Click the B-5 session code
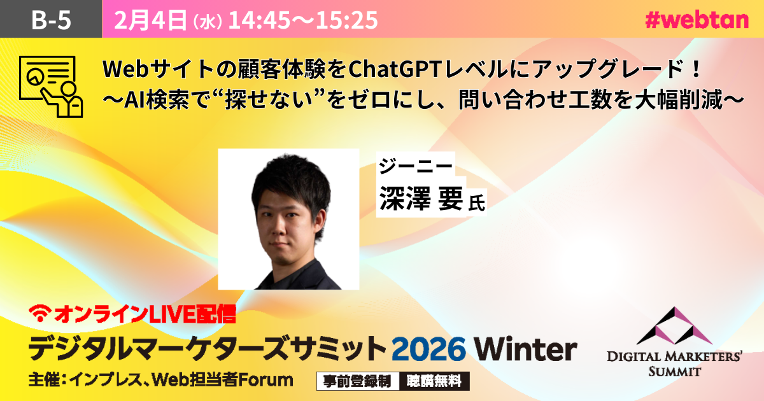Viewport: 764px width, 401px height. point(51,20)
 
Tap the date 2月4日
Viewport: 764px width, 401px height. point(150,20)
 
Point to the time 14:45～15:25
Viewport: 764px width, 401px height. point(303,20)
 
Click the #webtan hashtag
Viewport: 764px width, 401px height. point(697,20)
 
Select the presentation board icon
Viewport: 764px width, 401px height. point(51,87)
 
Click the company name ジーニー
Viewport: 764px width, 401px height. point(416,165)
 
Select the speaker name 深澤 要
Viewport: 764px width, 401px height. point(421,198)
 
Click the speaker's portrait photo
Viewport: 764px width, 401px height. point(288,219)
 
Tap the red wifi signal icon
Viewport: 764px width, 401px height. point(40,313)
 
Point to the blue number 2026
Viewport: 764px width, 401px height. point(428,349)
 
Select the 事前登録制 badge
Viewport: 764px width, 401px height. point(357,381)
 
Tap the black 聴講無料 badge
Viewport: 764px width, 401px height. point(434,381)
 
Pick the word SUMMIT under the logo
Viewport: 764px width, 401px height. point(675,371)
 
